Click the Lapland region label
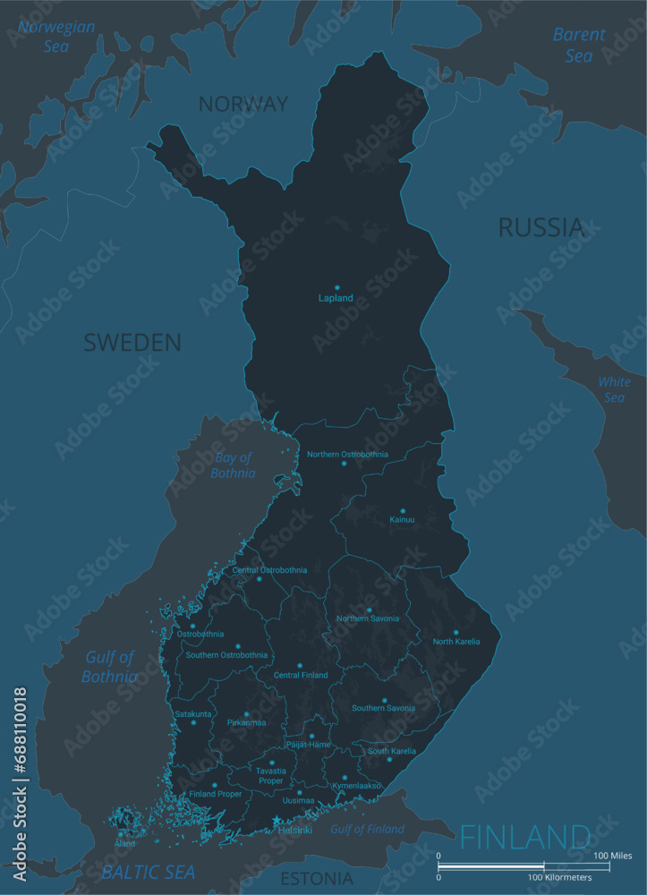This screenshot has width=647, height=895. [x=336, y=298]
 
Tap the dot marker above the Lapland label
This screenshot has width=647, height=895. [x=337, y=287]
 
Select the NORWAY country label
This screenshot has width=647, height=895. [x=243, y=104]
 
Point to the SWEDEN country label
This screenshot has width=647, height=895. [x=132, y=342]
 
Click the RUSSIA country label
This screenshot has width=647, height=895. [x=541, y=227]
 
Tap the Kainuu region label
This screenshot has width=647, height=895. [x=402, y=520]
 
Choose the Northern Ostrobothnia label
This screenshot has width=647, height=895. [x=347, y=455]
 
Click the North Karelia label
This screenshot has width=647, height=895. [x=456, y=642]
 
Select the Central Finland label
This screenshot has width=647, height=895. [x=301, y=676]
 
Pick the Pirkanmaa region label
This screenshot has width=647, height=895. [x=246, y=722]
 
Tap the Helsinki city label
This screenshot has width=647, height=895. [x=296, y=831]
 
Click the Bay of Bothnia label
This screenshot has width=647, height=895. [x=233, y=466]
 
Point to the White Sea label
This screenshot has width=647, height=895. [x=614, y=389]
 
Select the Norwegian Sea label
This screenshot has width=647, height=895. [x=57, y=36]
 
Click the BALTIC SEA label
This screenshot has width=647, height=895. [x=149, y=872]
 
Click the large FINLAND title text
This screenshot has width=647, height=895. [x=525, y=838]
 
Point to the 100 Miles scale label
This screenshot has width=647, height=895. [x=613, y=857]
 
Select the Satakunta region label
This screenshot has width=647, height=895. [x=193, y=714]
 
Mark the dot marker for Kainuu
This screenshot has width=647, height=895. [x=402, y=511]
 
